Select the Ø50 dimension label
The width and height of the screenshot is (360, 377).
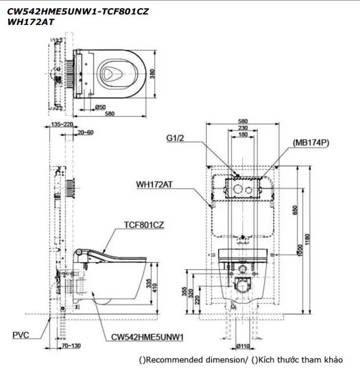(x=99, y=107)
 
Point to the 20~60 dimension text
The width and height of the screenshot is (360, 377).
(x=85, y=133)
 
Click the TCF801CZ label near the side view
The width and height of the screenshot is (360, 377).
(x=143, y=225)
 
